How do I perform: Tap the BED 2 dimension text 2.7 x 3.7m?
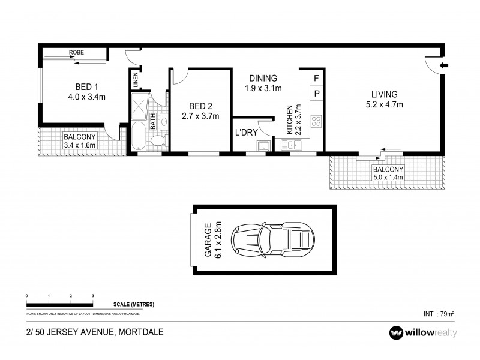[200, 116]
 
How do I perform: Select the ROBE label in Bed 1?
[76, 53]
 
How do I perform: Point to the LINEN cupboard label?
[135, 80]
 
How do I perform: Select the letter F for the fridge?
[316, 78]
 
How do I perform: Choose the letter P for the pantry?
[316, 94]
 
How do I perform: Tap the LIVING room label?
[384, 94]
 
